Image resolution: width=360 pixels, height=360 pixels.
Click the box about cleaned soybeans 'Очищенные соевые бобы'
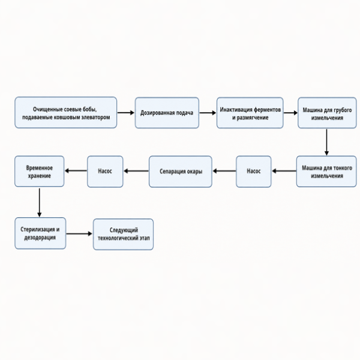click(x=65, y=113)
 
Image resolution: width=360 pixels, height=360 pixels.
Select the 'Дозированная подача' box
click(x=167, y=113)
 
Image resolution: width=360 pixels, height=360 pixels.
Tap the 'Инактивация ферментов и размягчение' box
click(x=250, y=113)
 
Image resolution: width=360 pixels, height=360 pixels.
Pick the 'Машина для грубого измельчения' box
click(x=327, y=113)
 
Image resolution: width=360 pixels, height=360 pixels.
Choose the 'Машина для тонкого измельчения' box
click(x=326, y=172)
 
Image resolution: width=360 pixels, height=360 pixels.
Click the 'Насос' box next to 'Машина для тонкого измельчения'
click(x=253, y=172)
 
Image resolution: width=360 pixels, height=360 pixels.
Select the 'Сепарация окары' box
click(x=181, y=172)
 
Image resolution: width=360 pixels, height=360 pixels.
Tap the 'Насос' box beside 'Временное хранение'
click(x=105, y=172)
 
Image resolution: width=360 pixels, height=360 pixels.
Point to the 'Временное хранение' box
click(x=39, y=171)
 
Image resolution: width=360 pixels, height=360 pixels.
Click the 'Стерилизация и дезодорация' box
click(x=40, y=233)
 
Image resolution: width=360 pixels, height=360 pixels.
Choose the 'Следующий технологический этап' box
click(x=123, y=234)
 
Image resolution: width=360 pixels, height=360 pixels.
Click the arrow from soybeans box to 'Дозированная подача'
click(x=126, y=113)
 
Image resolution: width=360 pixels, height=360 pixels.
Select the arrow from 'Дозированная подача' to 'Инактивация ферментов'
click(x=208, y=113)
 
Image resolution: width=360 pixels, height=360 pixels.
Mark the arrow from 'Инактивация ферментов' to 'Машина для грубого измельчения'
click(x=290, y=113)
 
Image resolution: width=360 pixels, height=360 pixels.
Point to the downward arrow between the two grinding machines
click(x=326, y=142)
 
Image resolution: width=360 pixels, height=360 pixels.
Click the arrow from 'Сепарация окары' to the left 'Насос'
click(x=136, y=171)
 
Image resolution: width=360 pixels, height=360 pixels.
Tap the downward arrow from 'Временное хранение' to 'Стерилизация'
click(x=39, y=203)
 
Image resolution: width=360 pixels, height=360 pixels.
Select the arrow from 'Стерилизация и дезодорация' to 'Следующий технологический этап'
click(x=79, y=234)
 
